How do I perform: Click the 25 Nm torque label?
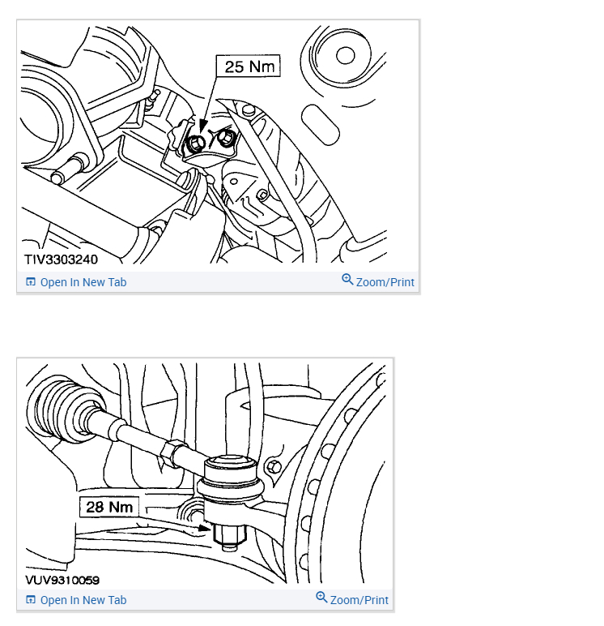(248, 66)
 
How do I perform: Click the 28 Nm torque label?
(109, 507)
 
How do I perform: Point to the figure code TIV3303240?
(61, 259)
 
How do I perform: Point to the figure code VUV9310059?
(62, 580)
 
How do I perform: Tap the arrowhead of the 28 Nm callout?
(205, 528)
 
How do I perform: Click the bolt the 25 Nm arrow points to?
(196, 143)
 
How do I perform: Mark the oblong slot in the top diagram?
(321, 125)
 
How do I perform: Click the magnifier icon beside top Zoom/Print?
(347, 280)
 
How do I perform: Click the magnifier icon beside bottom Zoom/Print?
(321, 598)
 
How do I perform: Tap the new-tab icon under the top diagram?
(31, 282)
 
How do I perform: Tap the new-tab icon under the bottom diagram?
(31, 600)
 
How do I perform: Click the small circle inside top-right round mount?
(345, 55)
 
